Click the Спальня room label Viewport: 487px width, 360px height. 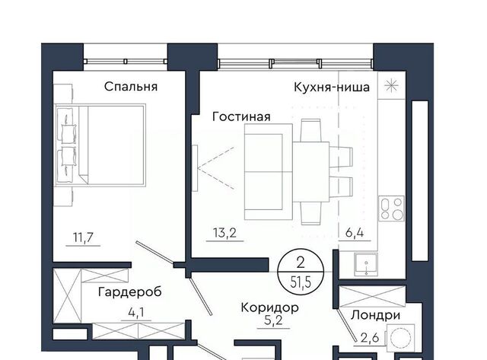point(131,87)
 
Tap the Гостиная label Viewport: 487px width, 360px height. point(241,116)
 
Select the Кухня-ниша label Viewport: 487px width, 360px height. point(332,88)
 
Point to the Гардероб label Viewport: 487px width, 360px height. point(130,292)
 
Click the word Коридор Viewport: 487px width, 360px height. point(270,307)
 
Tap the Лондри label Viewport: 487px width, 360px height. point(375,315)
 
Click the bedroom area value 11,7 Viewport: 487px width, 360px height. point(83,237)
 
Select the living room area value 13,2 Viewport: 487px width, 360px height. point(224,233)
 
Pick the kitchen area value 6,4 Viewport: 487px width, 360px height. point(355,232)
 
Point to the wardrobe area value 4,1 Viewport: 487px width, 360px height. point(136,313)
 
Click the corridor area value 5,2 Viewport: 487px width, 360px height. point(274,320)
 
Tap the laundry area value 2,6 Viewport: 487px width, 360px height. point(370,337)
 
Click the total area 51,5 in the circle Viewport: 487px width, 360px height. point(301,282)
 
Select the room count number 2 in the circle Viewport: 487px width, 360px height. point(301,263)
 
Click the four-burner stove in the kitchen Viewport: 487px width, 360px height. point(391,209)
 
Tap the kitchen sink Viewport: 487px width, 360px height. point(367,264)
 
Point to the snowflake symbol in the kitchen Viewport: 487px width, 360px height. point(391,86)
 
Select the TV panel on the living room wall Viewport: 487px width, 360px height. point(195,168)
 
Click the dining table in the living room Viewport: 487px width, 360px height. point(311,172)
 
